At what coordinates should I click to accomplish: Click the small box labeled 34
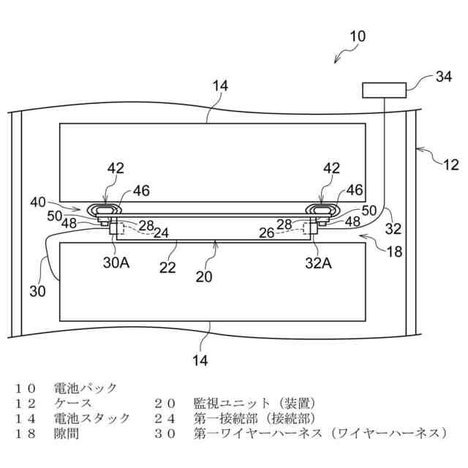click(385, 90)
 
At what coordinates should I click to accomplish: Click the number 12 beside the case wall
click(450, 165)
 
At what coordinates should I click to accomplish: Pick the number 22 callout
click(168, 268)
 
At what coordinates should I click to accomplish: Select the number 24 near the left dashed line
click(161, 234)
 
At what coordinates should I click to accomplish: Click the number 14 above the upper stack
click(220, 86)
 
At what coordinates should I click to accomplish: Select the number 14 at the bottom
click(200, 360)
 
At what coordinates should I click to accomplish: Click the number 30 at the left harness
click(37, 291)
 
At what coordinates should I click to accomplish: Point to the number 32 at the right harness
click(393, 229)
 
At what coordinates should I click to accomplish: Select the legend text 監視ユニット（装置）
click(254, 403)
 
